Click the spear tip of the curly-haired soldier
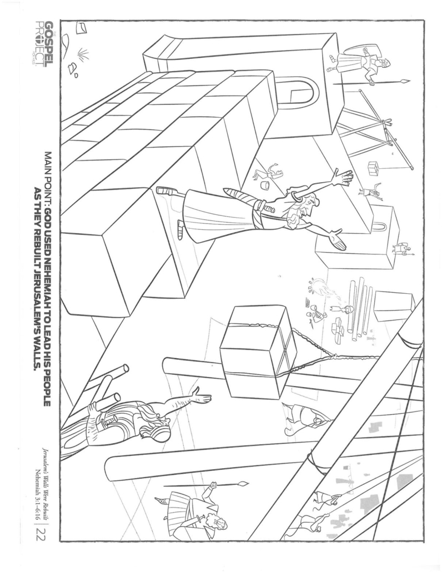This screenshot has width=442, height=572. (243, 484)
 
